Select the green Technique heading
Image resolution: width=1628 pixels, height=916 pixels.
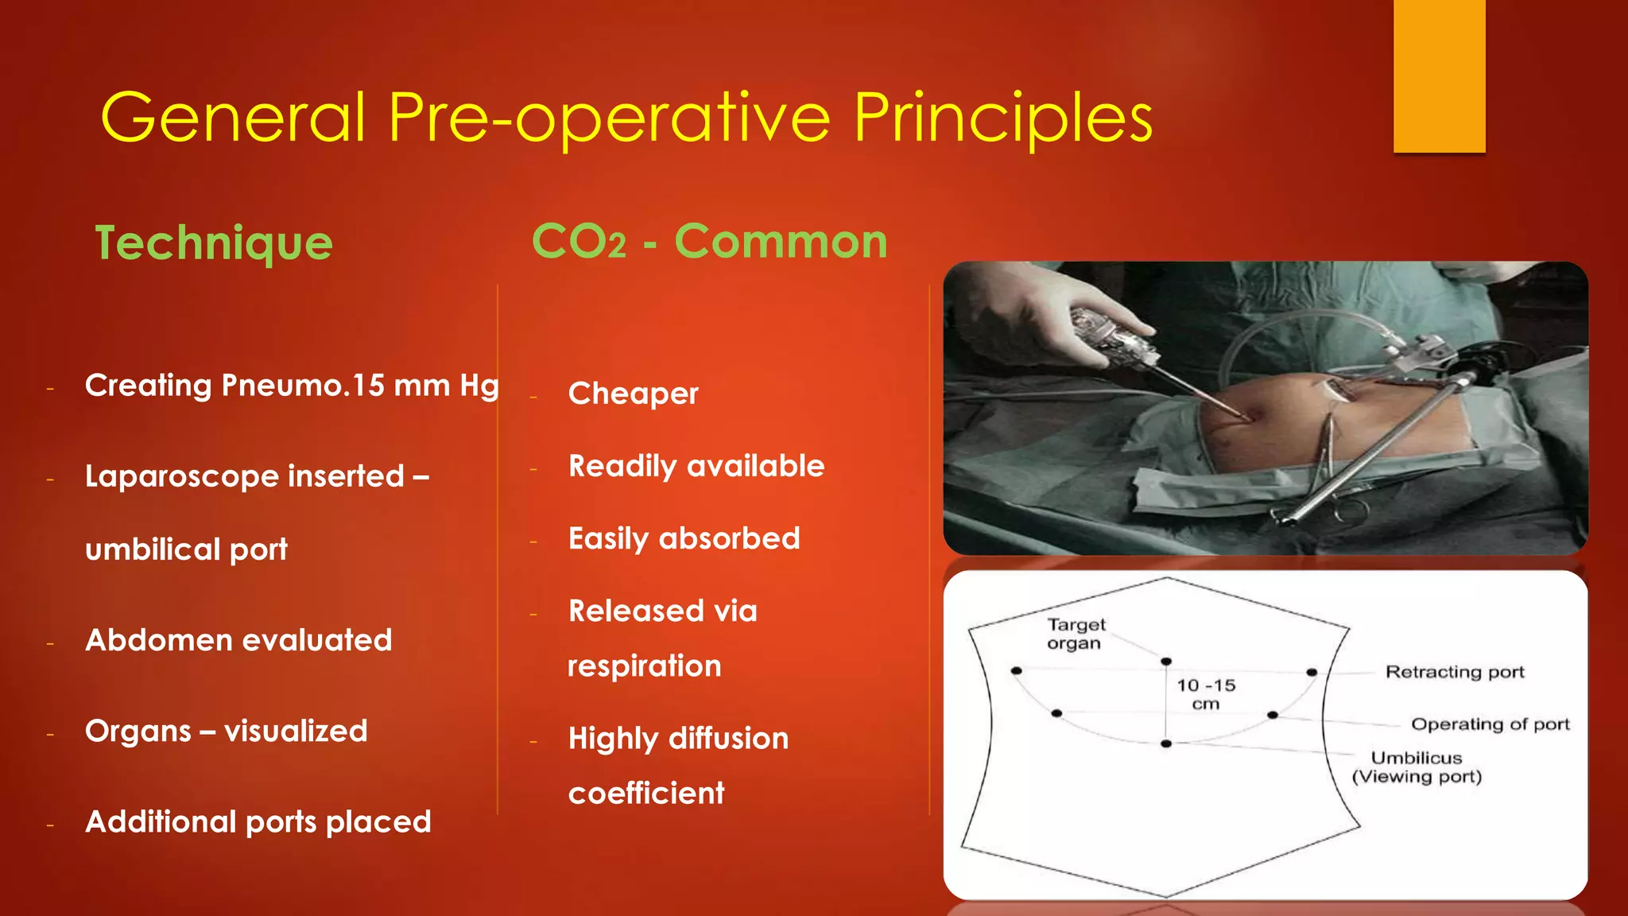click(214, 243)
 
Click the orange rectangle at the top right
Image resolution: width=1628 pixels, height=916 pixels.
click(1439, 76)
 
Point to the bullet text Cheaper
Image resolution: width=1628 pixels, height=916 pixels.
click(633, 394)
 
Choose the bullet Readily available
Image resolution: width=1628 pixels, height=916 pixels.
click(696, 466)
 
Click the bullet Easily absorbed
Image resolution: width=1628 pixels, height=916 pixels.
click(684, 538)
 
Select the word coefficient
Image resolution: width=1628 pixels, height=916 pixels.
click(646, 793)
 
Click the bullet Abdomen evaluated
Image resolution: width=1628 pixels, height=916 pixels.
click(238, 640)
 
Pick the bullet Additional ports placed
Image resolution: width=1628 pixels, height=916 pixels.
click(258, 821)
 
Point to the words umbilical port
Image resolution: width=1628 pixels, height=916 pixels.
click(186, 549)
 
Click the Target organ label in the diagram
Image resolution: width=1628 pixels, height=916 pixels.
click(1076, 634)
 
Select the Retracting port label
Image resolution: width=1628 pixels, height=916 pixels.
click(1455, 672)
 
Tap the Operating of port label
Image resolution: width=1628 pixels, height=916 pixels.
click(1490, 724)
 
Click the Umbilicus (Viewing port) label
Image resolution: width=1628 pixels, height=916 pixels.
click(1417, 767)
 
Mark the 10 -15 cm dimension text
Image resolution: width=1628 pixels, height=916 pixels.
click(1206, 694)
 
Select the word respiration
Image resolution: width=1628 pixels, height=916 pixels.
click(645, 666)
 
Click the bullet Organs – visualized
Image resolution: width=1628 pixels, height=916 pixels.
click(226, 731)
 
